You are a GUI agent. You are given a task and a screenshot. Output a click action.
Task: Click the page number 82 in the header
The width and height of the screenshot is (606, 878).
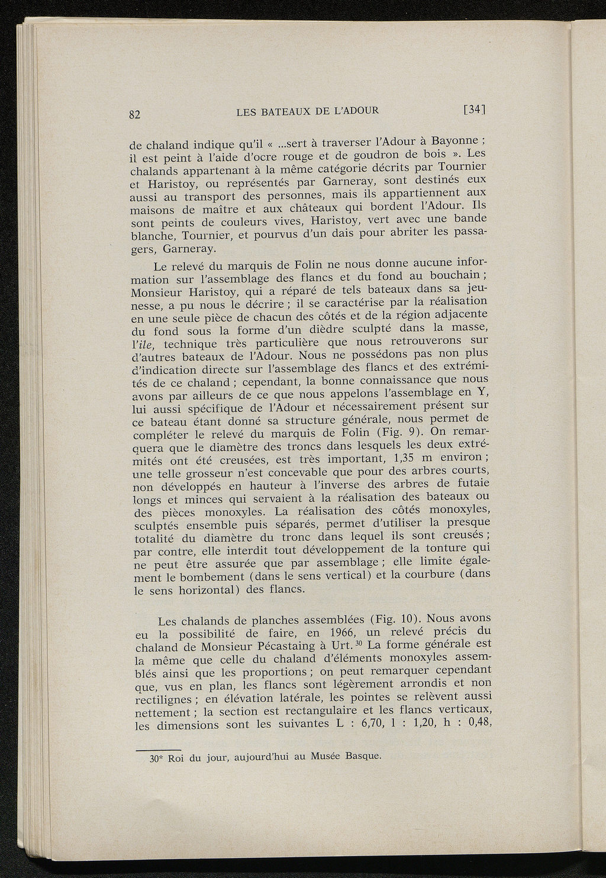coord(135,115)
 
